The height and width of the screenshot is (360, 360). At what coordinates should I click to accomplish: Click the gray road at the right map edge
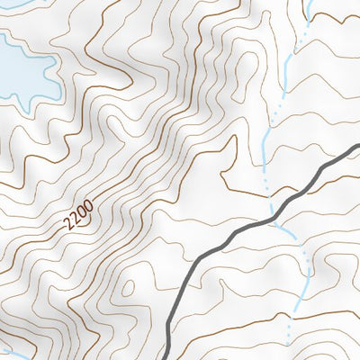point(356,147)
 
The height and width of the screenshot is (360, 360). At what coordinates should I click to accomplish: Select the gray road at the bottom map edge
point(171,356)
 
